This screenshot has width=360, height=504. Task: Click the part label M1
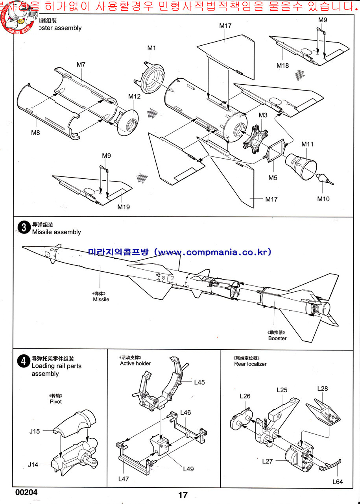click(x=152, y=48)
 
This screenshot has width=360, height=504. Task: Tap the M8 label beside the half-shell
click(x=35, y=133)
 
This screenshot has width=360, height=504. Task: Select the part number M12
click(x=134, y=96)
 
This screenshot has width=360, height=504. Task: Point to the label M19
click(x=124, y=207)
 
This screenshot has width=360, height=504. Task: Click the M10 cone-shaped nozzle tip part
click(x=324, y=178)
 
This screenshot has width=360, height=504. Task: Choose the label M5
click(x=273, y=178)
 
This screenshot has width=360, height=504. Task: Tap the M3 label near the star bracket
click(x=263, y=115)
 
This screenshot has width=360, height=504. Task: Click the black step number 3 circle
click(x=24, y=228)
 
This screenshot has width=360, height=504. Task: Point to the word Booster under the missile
click(x=277, y=338)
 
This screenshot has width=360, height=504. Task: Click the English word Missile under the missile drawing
click(x=101, y=299)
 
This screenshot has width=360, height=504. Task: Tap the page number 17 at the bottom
click(x=183, y=495)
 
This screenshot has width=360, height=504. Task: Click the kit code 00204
click(x=27, y=492)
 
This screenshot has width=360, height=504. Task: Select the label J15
click(x=35, y=431)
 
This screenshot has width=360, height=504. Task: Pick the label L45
click(x=199, y=382)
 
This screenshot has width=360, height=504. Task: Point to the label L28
click(x=323, y=389)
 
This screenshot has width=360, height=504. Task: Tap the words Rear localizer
click(x=250, y=364)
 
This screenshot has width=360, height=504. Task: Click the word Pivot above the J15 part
click(x=56, y=402)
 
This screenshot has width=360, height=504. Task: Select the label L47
click(x=124, y=479)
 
